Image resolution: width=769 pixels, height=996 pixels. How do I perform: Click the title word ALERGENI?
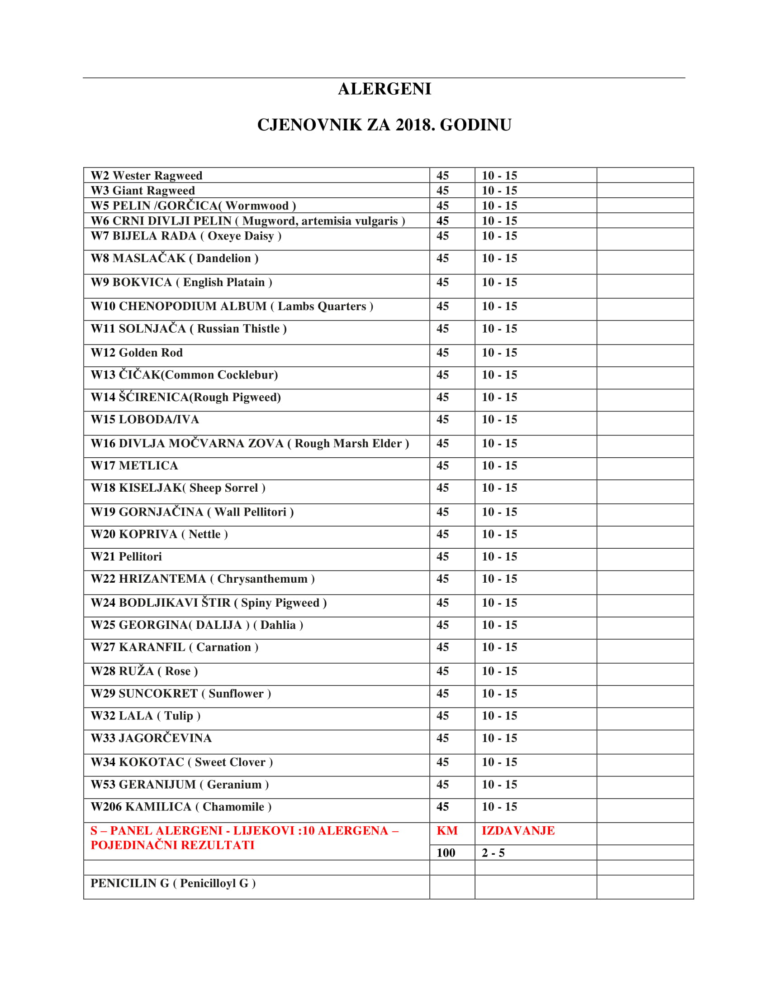[x=384, y=89]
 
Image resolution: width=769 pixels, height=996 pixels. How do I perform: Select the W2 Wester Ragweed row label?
[x=146, y=176]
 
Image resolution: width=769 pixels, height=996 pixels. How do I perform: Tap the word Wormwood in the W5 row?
[x=257, y=206]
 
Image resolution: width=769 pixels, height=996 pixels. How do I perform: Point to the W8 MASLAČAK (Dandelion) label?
[x=175, y=259]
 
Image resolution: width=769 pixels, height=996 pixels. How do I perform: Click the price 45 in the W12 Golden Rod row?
[x=442, y=353]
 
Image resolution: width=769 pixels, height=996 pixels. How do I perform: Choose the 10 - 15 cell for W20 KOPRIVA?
[x=499, y=535]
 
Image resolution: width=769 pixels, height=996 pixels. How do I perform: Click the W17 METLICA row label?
[x=134, y=465]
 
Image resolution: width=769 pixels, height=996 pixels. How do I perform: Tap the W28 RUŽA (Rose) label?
[x=144, y=671]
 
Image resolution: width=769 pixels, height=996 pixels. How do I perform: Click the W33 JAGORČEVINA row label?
[x=151, y=738]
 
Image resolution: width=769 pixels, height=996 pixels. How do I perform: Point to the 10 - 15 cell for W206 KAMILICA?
[x=499, y=807]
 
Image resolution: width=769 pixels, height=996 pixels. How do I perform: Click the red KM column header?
[x=447, y=831]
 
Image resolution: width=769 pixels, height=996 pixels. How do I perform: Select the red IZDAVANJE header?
[x=518, y=831]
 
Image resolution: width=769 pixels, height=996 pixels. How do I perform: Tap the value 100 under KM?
[x=446, y=853]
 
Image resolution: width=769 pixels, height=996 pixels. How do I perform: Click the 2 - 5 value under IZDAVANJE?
[x=493, y=853]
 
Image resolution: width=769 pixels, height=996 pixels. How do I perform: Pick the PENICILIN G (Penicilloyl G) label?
[x=173, y=883]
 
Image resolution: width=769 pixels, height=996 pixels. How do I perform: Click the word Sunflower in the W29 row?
[x=236, y=694]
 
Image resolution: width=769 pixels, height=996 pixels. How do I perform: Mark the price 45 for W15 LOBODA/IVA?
[x=442, y=420]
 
